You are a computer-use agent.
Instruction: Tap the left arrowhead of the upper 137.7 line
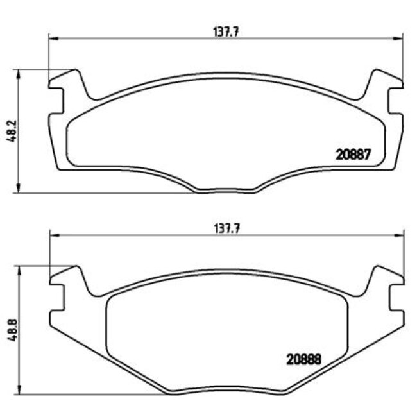52,38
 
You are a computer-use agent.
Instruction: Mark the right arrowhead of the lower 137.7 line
400,234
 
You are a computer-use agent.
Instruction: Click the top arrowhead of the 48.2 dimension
19,72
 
